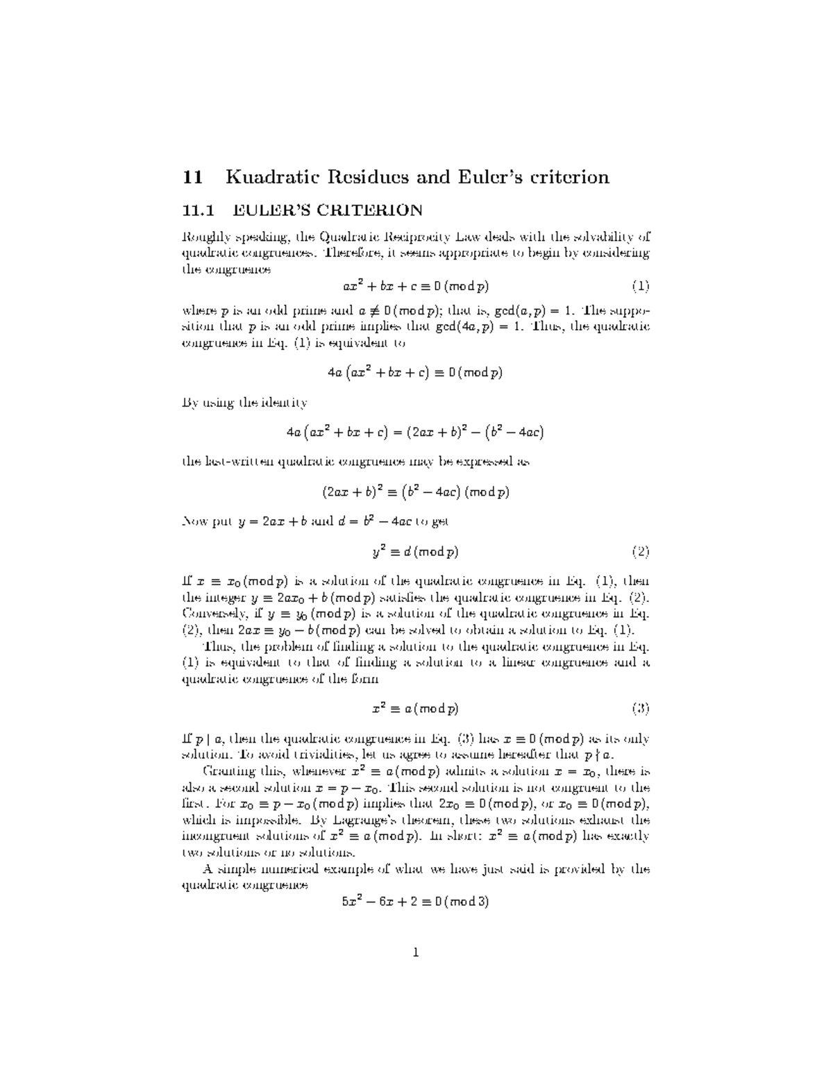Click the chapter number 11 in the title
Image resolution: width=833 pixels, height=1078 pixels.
tap(192, 177)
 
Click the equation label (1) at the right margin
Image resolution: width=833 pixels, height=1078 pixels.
tap(640, 285)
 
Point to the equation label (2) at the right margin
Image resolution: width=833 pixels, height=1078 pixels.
tap(640, 552)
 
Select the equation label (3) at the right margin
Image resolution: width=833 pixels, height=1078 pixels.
tap(640, 709)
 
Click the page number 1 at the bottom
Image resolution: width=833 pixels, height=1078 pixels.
tap(416, 952)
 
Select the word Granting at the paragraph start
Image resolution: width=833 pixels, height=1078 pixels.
tap(227, 771)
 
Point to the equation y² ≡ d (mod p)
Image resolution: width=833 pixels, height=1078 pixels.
tap(416, 552)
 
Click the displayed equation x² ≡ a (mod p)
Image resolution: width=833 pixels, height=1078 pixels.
tap(416, 709)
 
